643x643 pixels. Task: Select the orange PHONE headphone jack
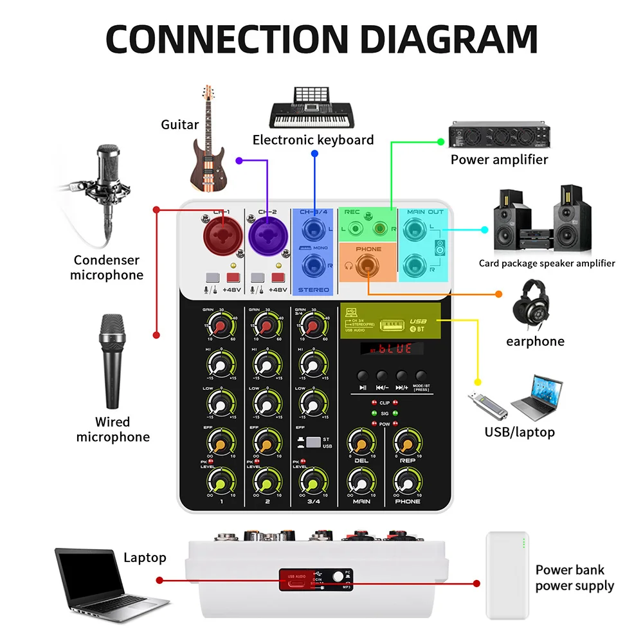pos(368,264)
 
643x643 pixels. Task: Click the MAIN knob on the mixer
pos(361,481)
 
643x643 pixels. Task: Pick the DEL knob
pos(361,442)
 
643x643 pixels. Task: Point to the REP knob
pos(407,442)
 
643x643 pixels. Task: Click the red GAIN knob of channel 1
pos(220,329)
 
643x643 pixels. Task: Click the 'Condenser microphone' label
pos(107,267)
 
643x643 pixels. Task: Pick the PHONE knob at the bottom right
pos(407,481)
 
